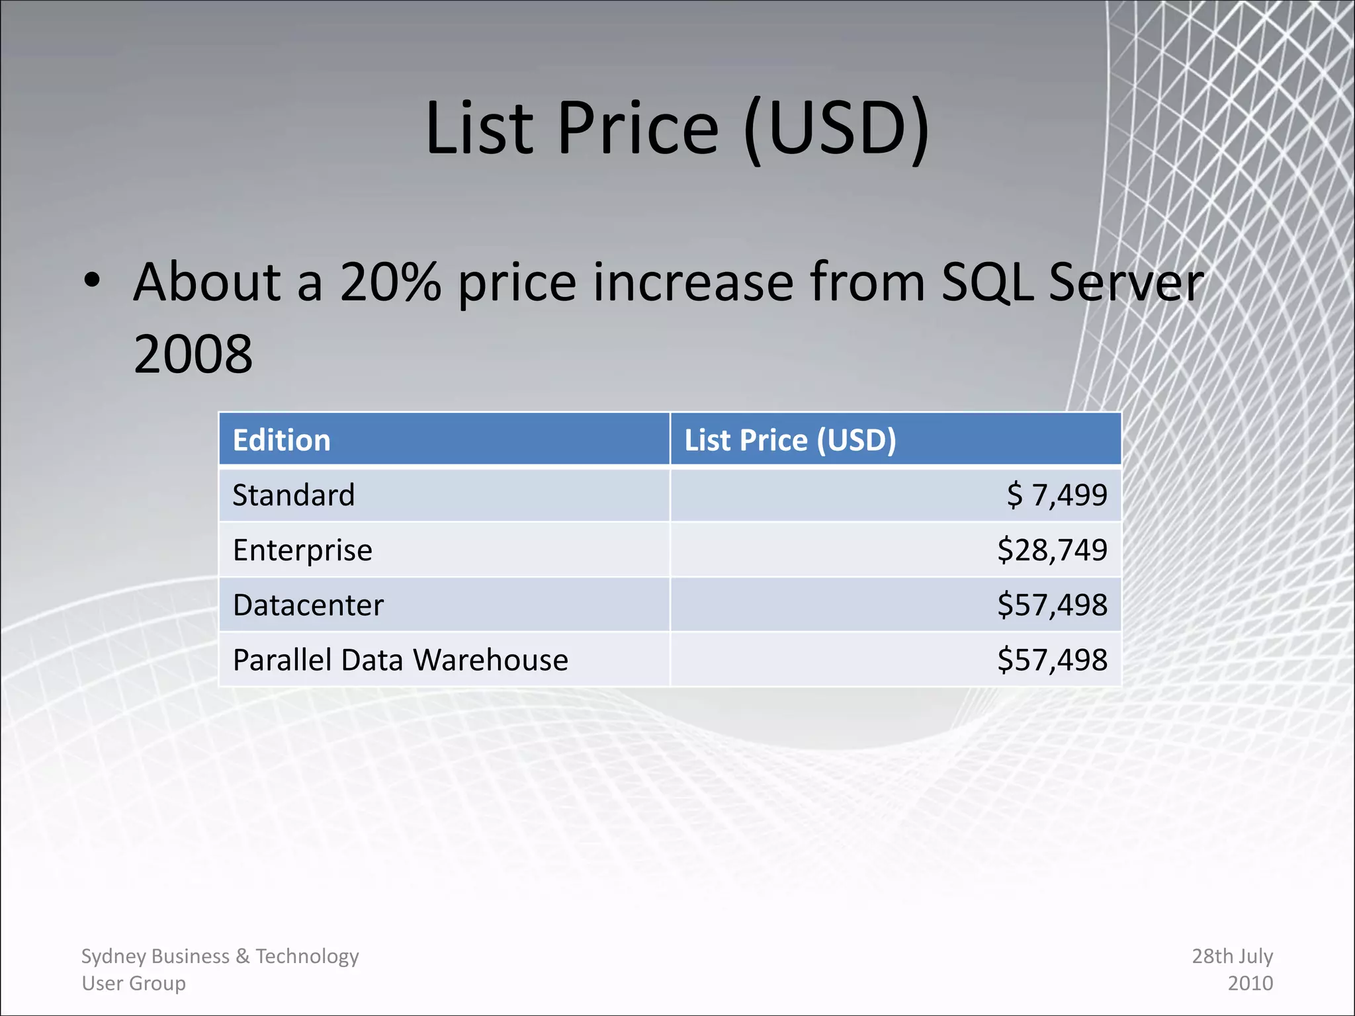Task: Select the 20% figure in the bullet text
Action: (390, 282)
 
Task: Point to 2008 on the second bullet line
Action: (193, 355)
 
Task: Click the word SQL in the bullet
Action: (986, 282)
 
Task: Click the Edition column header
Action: (281, 440)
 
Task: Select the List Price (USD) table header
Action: (790, 440)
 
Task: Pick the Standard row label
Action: (294, 495)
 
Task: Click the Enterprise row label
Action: (302, 550)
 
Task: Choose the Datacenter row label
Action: (308, 605)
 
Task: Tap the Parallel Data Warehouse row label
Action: (400, 660)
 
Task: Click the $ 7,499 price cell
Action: (1056, 495)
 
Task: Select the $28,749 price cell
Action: (1052, 550)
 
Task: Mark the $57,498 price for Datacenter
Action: (1052, 605)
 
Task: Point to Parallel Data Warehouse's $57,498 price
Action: (1052, 659)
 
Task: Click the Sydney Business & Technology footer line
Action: (220, 956)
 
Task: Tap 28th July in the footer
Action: (1232, 956)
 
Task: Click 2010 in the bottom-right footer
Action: (1250, 983)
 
